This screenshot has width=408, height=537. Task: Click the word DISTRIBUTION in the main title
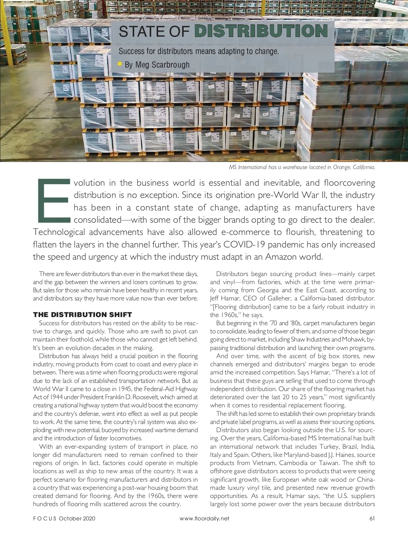[261, 31]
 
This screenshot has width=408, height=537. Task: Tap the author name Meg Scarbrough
[157, 64]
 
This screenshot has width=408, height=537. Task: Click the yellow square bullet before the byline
[120, 63]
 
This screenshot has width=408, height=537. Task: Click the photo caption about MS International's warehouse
[302, 167]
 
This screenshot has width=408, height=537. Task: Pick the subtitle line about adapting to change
[199, 52]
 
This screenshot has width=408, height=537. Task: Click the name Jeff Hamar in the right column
[224, 298]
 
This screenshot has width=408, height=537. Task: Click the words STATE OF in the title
[154, 31]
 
